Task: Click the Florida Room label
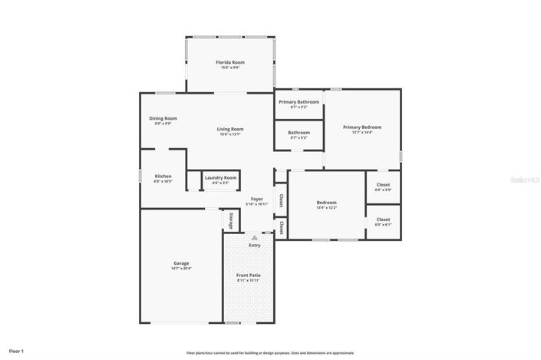[x=230, y=61]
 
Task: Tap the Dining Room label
[x=163, y=118]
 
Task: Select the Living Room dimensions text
[x=230, y=134]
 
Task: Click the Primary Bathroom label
[x=299, y=101]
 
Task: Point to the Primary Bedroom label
[x=361, y=127]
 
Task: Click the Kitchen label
[x=163, y=176]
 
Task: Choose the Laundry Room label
[x=220, y=177]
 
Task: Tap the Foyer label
[x=256, y=199]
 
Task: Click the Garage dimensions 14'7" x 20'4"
[x=180, y=269]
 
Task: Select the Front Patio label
[x=249, y=276]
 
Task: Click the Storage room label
[x=230, y=220]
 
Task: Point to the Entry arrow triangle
[x=254, y=238]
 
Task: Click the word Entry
[x=254, y=246]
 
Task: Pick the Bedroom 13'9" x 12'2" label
[x=326, y=203]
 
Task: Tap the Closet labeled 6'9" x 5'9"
[x=383, y=185]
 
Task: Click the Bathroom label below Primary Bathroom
[x=299, y=132]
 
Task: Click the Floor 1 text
[x=17, y=351]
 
